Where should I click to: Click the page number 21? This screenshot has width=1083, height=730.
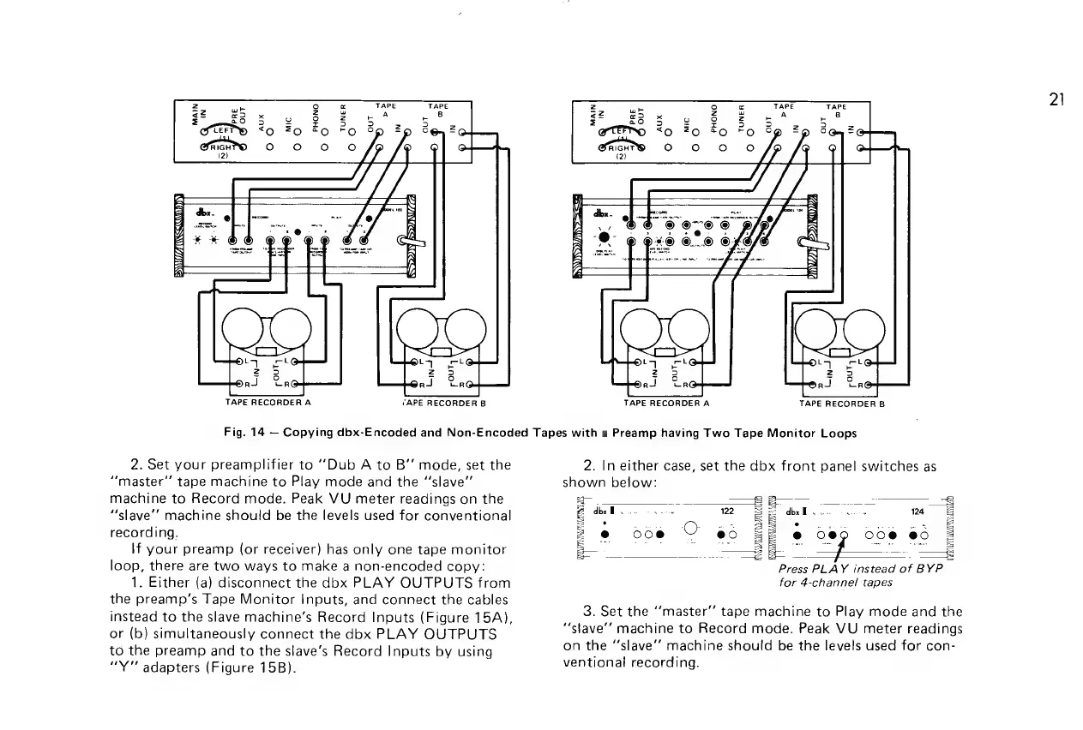coord(1055,99)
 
